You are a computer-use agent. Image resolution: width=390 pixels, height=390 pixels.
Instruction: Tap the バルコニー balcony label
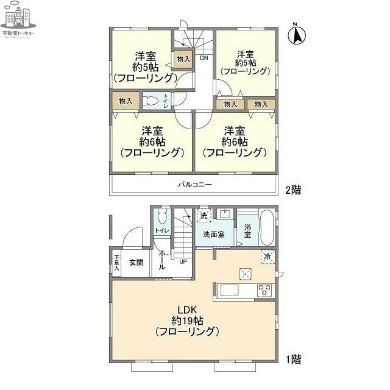point(194,183)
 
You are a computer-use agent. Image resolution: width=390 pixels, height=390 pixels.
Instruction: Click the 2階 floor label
point(292,190)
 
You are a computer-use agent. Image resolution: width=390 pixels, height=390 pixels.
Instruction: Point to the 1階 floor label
point(292,360)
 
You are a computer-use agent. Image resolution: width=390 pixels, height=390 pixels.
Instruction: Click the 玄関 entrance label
point(136,263)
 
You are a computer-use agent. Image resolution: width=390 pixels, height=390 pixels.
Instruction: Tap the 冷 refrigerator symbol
point(267,257)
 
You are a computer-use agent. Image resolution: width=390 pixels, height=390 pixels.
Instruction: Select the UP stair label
point(183,262)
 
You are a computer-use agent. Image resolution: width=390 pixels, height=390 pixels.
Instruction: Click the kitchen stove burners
point(265,290)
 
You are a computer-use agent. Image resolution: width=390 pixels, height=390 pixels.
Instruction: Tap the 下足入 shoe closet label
point(116,263)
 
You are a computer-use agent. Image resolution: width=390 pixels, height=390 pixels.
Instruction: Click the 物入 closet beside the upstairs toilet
point(126,101)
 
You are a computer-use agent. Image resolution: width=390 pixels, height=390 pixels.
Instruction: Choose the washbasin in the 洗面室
point(224,214)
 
